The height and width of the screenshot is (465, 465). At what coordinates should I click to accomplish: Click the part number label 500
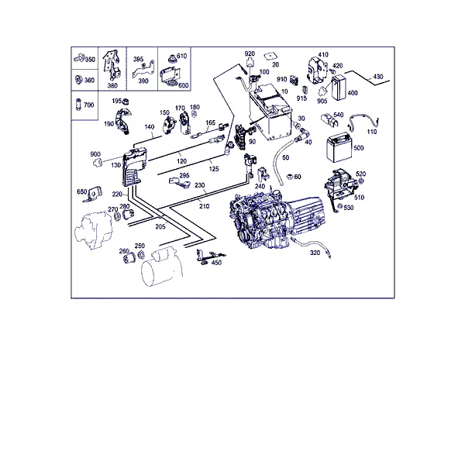pos(359,148)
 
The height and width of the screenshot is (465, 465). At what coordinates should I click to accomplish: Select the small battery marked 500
pos(339,147)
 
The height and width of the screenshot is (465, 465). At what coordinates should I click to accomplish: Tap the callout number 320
pos(315,253)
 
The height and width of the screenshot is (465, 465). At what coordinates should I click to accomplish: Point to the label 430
pos(378,77)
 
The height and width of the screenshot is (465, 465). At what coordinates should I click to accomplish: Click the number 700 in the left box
pos(88,105)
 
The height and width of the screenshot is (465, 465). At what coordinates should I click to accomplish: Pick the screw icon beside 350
pos(79,57)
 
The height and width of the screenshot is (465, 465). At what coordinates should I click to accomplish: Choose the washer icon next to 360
pos(79,80)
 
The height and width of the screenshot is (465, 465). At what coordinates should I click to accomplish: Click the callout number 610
pos(182,56)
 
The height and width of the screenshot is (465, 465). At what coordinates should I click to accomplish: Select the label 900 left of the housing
pos(95,154)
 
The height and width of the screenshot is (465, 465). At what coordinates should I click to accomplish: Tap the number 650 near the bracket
pos(82,192)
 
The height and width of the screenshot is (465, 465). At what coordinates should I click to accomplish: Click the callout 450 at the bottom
pos(216,263)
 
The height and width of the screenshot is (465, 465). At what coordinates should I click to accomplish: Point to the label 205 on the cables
pos(160,227)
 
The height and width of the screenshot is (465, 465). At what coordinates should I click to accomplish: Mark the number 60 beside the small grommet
pos(298,177)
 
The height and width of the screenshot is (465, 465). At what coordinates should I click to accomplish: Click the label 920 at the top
pos(250,54)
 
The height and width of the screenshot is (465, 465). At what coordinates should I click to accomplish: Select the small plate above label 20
pos(270,56)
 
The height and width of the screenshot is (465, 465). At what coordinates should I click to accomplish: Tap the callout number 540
pos(339,115)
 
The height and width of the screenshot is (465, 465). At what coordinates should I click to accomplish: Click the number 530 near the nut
pos(349,208)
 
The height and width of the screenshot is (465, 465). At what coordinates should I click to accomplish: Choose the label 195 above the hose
pos(117,101)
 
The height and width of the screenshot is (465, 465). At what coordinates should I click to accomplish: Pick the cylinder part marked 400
pos(338,88)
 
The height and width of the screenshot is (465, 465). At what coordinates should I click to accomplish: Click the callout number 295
pos(184,176)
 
